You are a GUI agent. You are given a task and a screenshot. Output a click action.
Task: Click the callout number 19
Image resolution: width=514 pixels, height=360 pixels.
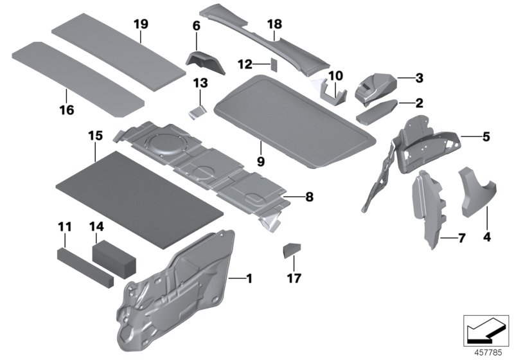tap(141, 24)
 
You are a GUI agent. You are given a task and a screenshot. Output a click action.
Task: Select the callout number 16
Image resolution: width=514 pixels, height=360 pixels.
tap(67, 110)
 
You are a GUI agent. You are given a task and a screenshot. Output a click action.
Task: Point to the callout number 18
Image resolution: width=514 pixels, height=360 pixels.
tap(274, 24)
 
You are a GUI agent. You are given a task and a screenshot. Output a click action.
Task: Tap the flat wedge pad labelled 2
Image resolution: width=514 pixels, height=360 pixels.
tap(379, 113)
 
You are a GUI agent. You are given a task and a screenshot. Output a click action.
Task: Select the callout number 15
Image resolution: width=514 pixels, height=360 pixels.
tap(96, 136)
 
